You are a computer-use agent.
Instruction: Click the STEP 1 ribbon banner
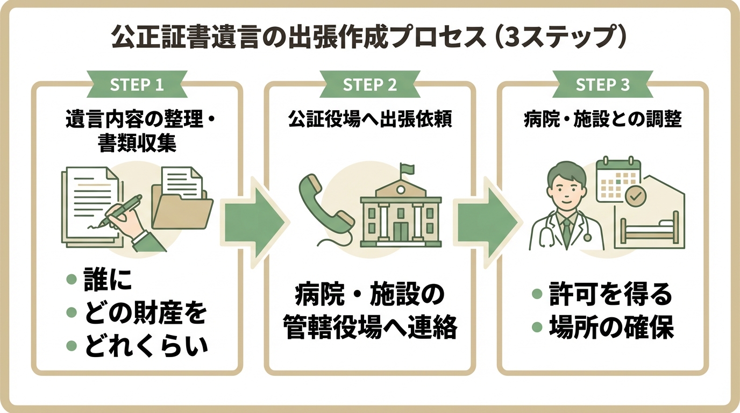click(x=137, y=86)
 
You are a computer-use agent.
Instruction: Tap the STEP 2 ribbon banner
click(x=369, y=86)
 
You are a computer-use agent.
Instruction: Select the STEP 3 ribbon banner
click(x=602, y=86)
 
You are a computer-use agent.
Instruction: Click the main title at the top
click(x=369, y=39)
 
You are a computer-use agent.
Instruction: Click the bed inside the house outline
click(x=649, y=231)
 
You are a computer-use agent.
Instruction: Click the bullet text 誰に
click(x=108, y=282)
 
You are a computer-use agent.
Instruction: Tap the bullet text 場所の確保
click(x=611, y=328)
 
